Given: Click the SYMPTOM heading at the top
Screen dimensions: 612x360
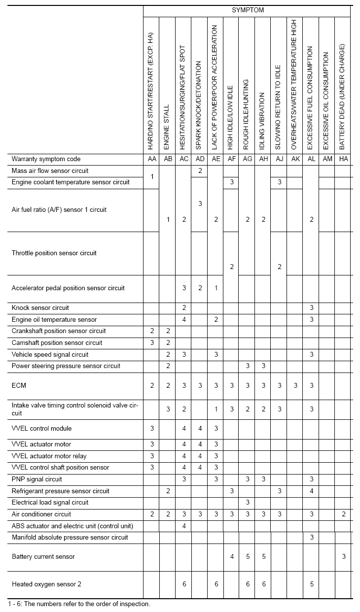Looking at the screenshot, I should (x=248, y=10).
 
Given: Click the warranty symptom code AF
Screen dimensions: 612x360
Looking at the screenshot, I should (x=231, y=159).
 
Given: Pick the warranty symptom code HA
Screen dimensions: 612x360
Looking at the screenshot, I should (x=343, y=159).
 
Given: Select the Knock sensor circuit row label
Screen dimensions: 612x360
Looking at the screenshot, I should (x=40, y=308).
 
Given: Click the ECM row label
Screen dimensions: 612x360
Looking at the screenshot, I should (x=19, y=385).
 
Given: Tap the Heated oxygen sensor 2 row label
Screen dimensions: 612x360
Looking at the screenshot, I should (x=46, y=584).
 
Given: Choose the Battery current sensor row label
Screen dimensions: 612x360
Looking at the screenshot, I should (x=43, y=557).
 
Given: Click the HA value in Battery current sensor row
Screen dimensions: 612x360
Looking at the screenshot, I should (x=344, y=557).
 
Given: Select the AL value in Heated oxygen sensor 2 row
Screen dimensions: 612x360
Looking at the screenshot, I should (x=311, y=584).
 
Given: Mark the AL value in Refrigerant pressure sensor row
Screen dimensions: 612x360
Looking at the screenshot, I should (x=311, y=491).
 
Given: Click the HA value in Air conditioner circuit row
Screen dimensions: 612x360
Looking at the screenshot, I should (x=344, y=514).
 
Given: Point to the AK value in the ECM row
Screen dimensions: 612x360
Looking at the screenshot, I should (x=295, y=386).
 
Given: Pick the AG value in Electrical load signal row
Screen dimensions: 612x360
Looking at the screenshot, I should (x=248, y=503).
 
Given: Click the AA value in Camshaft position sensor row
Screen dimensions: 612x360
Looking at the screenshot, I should (x=152, y=343).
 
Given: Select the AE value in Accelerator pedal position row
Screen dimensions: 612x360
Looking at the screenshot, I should (x=216, y=288).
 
